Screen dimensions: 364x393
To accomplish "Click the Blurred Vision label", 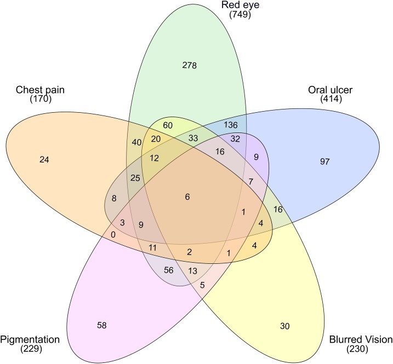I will point(361,339).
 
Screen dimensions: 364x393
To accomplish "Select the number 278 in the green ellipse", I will point(189,66).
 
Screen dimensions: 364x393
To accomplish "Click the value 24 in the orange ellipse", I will point(44,160).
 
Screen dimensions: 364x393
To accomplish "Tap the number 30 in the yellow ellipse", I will point(284,326).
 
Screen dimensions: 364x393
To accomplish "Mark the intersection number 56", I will point(168,270).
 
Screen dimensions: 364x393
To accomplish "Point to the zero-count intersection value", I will point(113,234).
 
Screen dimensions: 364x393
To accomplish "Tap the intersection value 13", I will point(192,270).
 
